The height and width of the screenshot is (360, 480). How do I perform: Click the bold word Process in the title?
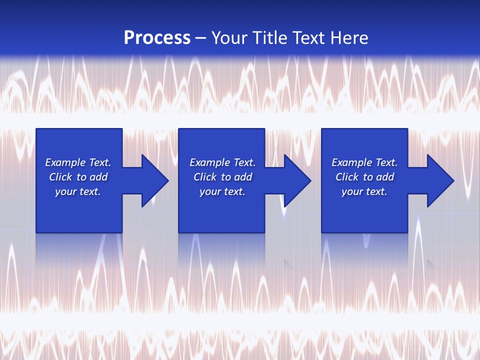click(x=157, y=38)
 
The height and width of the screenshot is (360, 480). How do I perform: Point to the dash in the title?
click(x=200, y=39)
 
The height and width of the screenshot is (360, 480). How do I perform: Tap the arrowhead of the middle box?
click(x=296, y=180)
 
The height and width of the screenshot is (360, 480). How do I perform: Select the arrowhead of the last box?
click(x=439, y=180)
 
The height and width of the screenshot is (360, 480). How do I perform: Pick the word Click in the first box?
click(x=60, y=177)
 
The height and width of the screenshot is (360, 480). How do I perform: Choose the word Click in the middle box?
click(x=205, y=177)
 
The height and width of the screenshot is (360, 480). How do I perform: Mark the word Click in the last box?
click(x=347, y=177)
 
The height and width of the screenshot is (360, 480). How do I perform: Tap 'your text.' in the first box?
click(x=78, y=191)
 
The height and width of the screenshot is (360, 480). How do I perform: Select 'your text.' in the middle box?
click(x=222, y=191)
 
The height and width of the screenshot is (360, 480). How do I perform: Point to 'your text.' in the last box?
click(x=364, y=191)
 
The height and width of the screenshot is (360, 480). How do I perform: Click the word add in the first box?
click(x=98, y=177)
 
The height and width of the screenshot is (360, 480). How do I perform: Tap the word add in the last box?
click(x=385, y=177)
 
